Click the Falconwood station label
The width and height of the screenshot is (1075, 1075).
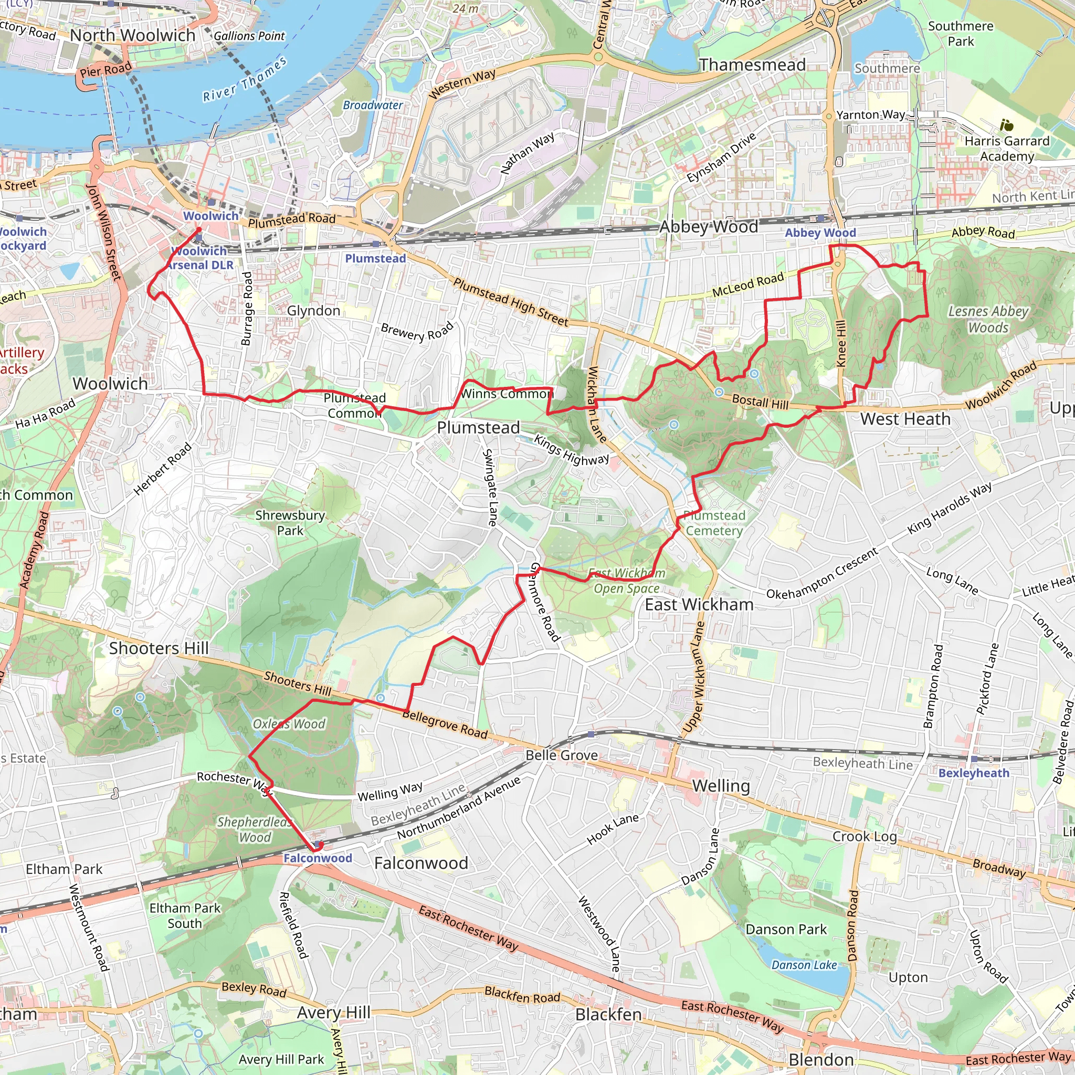tap(317, 858)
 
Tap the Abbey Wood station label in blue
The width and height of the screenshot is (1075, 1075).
tap(820, 233)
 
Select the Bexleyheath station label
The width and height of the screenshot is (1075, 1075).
tap(973, 773)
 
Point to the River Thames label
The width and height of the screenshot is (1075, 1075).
tap(245, 80)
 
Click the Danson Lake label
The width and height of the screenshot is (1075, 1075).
tap(804, 965)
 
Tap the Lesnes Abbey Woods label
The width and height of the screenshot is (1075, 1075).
tap(988, 319)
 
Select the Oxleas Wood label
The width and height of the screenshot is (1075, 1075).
tap(289, 724)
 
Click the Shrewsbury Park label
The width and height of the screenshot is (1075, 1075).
tap(290, 522)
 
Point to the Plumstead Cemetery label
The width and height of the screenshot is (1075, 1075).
tap(714, 523)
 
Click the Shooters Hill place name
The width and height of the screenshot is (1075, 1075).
tap(159, 648)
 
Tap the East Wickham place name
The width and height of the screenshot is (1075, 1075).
tap(699, 604)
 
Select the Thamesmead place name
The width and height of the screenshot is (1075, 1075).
tap(752, 65)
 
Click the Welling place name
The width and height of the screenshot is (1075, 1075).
tap(721, 786)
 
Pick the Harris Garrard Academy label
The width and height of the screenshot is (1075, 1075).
tap(1007, 149)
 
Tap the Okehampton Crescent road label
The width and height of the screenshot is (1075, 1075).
tap(822, 574)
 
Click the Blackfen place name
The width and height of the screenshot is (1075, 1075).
tap(608, 1014)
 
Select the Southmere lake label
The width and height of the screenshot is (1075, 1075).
tap(887, 68)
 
